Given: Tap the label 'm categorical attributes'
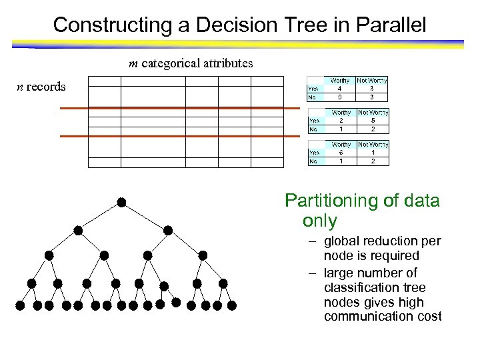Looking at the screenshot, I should pos(191,64).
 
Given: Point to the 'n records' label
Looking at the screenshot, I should pos(41,87).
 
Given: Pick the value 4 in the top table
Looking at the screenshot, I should pos(340,88).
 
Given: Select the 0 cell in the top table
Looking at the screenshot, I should pos(340,97).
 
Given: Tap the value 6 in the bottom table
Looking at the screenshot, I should pos(340,153).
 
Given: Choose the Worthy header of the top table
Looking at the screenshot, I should pos(340,80).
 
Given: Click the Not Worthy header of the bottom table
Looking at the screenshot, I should pos(372,145).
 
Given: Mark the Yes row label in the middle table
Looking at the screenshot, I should pos(312,121).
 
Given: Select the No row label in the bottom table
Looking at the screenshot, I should pos(312,161).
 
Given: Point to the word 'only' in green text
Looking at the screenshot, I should pos(320,221).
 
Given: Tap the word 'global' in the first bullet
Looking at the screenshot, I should pos(343,241).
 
